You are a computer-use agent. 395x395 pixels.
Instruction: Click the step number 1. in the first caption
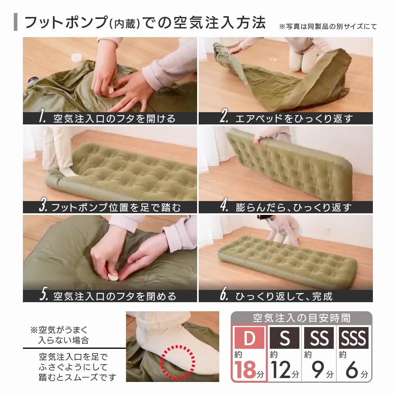[x=43, y=118]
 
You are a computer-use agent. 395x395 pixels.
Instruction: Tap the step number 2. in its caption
[x=225, y=118]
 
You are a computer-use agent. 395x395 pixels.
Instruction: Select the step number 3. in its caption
[x=43, y=207]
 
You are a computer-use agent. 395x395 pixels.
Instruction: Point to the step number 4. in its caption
[x=224, y=207]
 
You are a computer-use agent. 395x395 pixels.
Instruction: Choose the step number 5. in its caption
[x=43, y=295]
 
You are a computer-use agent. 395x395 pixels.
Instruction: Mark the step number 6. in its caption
[x=224, y=295]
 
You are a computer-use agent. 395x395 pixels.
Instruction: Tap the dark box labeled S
[x=284, y=339]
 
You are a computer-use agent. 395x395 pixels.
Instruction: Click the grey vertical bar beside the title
[x=15, y=23]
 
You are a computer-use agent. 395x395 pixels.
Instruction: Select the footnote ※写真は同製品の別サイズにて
[x=327, y=27]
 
